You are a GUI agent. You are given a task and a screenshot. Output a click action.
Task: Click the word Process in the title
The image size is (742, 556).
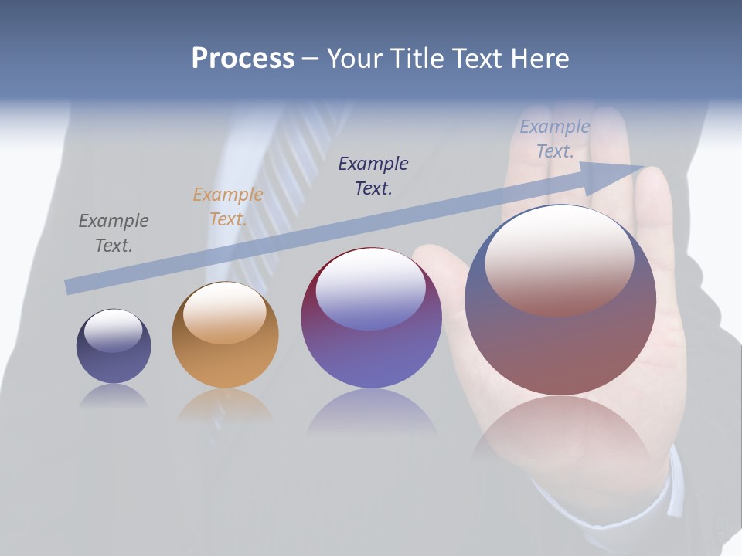tap(243, 59)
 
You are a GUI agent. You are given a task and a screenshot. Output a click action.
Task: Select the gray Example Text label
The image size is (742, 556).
tap(114, 233)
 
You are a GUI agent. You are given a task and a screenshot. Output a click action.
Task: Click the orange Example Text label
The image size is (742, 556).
tap(228, 207)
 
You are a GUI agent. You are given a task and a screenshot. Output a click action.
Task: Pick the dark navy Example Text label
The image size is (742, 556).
tap(373, 176)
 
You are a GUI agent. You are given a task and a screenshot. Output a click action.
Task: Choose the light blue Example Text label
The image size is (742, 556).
tap(555, 139)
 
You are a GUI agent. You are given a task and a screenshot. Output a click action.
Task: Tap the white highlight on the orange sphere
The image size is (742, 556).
tap(225, 311)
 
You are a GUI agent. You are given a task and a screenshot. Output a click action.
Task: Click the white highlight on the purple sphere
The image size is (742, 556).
tap(371, 288)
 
